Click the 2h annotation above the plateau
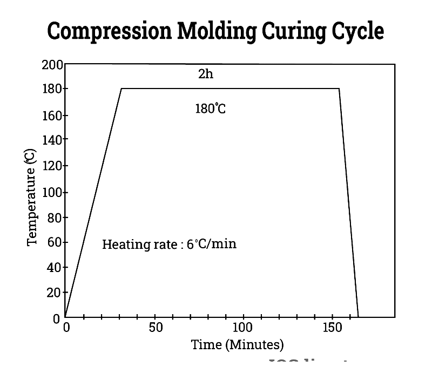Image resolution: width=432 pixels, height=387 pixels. click(206, 74)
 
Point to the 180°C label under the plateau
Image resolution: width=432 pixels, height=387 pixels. click(210, 108)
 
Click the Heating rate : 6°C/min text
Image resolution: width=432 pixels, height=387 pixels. click(169, 244)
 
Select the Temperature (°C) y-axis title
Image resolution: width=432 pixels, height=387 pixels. click(31, 199)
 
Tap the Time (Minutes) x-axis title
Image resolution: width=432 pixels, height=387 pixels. click(237, 344)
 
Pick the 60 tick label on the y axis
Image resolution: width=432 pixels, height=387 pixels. click(55, 242)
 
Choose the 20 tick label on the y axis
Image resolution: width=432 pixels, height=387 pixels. click(55, 293)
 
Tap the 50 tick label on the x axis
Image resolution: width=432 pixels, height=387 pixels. click(156, 327)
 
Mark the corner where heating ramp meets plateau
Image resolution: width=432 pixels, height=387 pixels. click(122, 89)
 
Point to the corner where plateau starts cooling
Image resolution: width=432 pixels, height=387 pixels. click(339, 89)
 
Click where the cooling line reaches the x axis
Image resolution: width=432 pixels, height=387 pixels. click(358, 317)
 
